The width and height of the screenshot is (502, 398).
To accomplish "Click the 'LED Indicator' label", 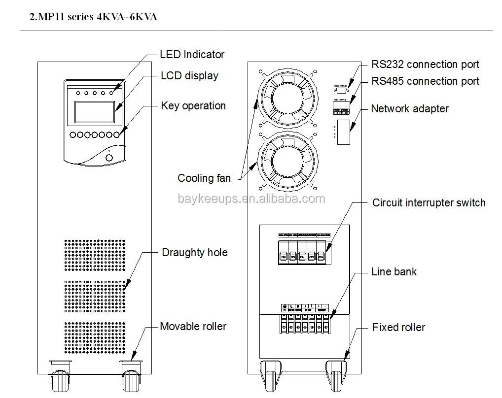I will (192, 55).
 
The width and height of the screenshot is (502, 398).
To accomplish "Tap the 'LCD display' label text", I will (189, 76).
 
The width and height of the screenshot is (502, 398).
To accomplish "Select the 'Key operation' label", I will (193, 106).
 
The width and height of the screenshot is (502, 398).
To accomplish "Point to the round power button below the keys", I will (109, 158).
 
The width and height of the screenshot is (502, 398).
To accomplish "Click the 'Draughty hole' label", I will (195, 253).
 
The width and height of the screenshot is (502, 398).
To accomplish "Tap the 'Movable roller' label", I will (193, 327).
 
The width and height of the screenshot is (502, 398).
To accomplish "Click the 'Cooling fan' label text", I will (204, 178).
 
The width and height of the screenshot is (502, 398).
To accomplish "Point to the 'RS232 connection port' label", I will (425, 65).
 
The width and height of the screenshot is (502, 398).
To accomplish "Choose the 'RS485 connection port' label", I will (425, 81).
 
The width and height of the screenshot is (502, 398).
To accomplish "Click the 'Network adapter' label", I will (410, 109).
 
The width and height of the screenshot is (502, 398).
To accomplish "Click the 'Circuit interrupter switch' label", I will (429, 203).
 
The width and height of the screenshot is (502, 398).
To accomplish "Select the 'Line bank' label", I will (394, 272).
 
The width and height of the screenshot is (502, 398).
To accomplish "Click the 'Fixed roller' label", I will (398, 328).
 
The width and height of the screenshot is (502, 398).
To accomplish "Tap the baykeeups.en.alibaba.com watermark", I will (251, 199).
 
